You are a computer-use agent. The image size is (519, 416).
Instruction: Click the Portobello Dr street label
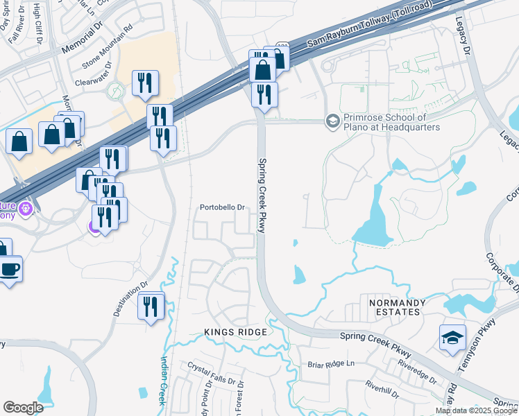point(223,207)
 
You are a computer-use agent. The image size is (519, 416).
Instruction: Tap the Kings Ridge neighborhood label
point(235,333)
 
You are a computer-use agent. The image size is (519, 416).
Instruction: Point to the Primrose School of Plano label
point(392,123)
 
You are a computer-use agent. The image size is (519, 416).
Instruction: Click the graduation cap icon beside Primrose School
point(332,121)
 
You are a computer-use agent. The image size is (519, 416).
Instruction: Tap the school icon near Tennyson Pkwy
point(452,338)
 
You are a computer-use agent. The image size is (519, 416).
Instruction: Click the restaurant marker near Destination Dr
point(151,306)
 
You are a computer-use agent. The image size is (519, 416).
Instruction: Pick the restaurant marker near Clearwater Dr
point(145,84)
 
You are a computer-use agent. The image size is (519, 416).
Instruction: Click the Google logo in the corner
point(23,408)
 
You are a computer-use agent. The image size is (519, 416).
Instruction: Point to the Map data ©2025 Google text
point(477,410)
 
